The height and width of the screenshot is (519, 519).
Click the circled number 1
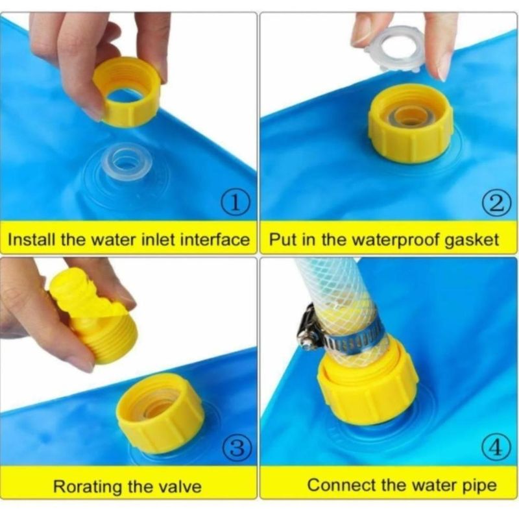tap(235, 203)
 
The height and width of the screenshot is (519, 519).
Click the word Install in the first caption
tap(32, 239)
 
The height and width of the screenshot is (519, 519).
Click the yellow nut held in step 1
tap(126, 91)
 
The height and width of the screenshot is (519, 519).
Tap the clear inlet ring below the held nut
tap(127, 162)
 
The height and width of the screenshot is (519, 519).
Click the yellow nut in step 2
tap(411, 123)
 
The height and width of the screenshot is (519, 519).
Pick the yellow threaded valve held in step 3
tap(94, 316)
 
